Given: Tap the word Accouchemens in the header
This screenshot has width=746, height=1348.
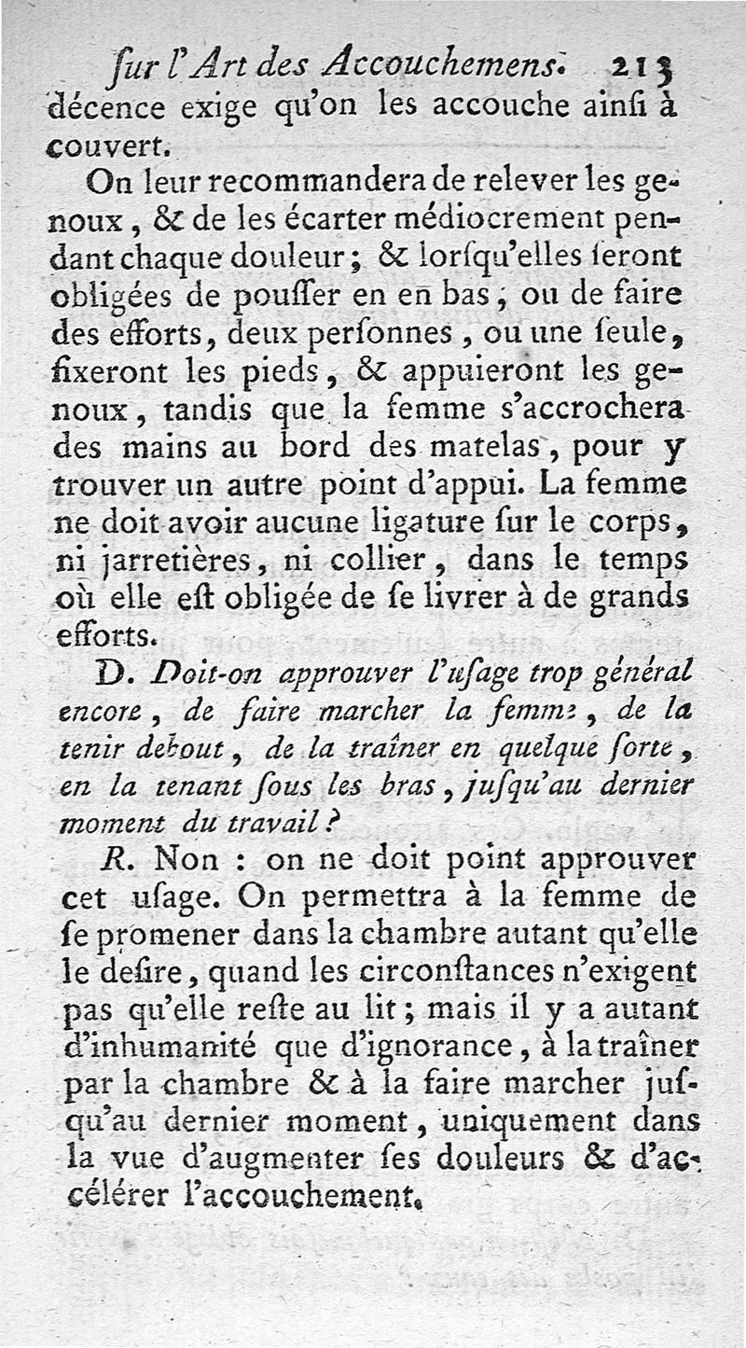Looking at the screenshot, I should pyautogui.click(x=434, y=63).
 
